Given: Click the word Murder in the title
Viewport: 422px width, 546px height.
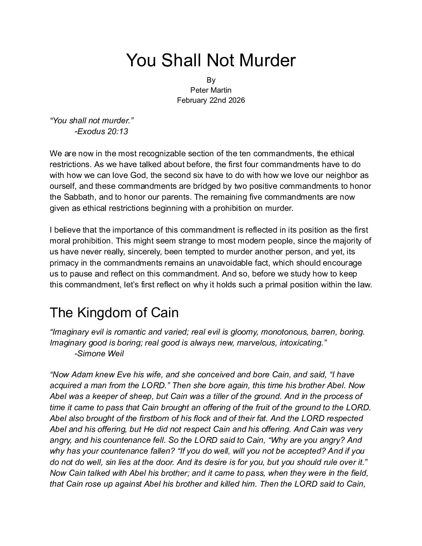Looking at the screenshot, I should tap(267, 60).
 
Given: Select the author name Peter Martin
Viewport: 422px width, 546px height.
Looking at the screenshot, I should tap(211, 90).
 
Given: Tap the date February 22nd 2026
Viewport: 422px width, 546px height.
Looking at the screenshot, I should tap(211, 100).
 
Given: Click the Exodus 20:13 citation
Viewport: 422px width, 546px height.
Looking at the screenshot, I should tap(101, 131).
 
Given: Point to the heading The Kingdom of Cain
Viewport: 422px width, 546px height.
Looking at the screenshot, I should tap(114, 313).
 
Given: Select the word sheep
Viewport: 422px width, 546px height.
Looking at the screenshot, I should tap(139, 396).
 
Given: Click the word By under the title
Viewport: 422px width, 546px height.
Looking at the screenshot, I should tap(211, 80).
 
